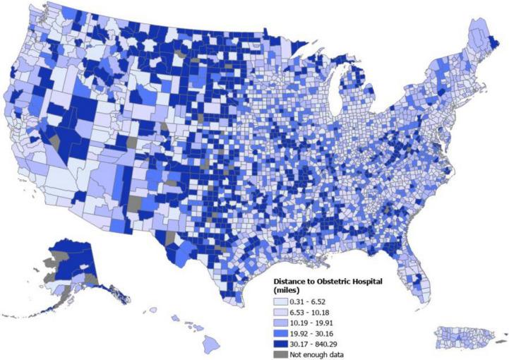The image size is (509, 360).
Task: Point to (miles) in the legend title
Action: (x=287, y=291)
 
